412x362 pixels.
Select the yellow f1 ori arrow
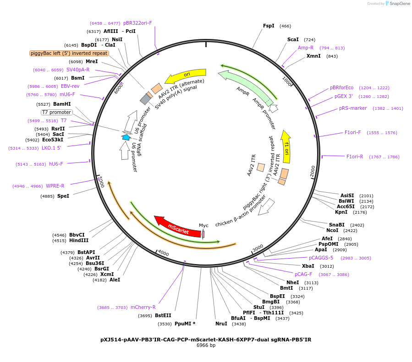click(x=286, y=147)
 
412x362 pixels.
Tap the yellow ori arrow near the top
click(x=185, y=76)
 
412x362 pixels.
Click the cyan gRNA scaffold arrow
click(x=126, y=137)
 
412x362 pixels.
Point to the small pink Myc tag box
click(x=203, y=234)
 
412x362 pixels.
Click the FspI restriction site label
click(x=269, y=26)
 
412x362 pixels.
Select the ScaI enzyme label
click(x=293, y=40)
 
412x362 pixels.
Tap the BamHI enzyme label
click(x=62, y=104)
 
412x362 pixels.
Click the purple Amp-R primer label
click(x=305, y=48)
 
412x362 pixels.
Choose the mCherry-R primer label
click(x=143, y=307)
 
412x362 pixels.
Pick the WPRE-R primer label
click(x=55, y=186)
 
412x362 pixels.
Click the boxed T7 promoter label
click(x=56, y=112)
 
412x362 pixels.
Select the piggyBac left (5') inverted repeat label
click(x=69, y=53)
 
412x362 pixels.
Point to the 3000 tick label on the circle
click(x=258, y=248)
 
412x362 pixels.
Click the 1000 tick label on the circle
click(x=287, y=81)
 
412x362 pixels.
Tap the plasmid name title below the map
click(x=206, y=340)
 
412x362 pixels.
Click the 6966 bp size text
click(x=206, y=345)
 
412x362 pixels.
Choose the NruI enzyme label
click(x=221, y=324)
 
